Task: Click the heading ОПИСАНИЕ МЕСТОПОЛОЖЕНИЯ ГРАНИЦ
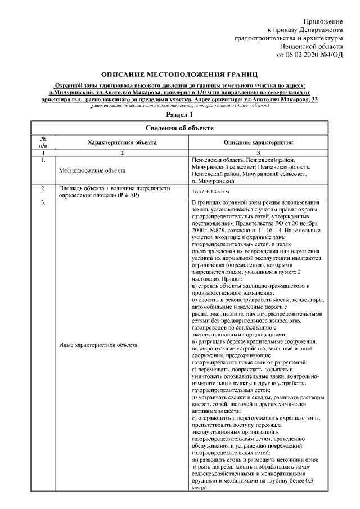coord(179,74)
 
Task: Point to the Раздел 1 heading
coord(179,115)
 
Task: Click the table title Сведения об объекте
coord(179,128)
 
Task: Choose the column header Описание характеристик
coord(258,143)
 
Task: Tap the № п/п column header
coord(43,143)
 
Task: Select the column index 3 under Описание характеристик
coord(258,153)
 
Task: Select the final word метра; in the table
coord(200,488)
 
